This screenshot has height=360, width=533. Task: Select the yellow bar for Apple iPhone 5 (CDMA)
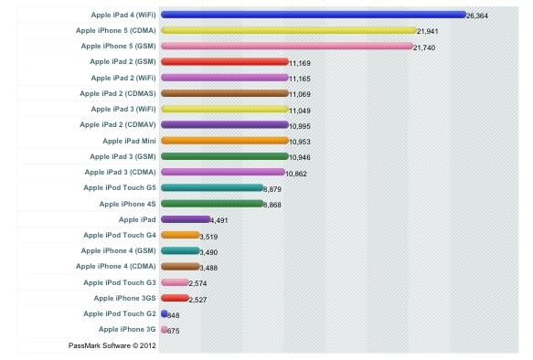288,30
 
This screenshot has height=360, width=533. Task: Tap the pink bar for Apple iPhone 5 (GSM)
287,46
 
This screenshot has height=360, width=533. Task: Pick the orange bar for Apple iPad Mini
224,141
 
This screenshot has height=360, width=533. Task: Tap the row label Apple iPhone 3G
126,328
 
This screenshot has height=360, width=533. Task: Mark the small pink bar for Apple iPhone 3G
164,328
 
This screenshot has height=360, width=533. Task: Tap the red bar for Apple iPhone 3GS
175,298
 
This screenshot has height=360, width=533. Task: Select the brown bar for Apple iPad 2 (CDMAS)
224,93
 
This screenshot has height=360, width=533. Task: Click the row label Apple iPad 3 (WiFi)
119,109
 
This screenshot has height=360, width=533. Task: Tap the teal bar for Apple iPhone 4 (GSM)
179,250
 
